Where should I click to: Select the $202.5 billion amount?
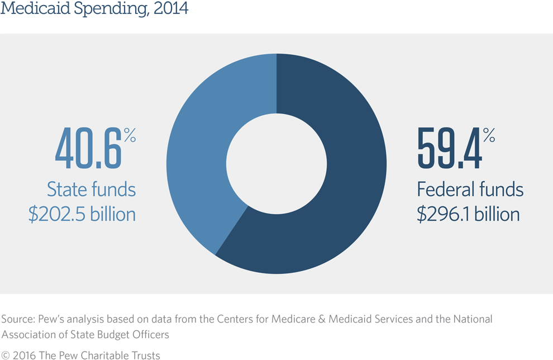click(82, 214)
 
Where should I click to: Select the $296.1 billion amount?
click(468, 214)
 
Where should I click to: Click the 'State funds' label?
click(91, 189)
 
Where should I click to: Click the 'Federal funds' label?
click(470, 189)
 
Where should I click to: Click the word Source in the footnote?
click(17, 319)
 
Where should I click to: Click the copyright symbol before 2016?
click(6, 355)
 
